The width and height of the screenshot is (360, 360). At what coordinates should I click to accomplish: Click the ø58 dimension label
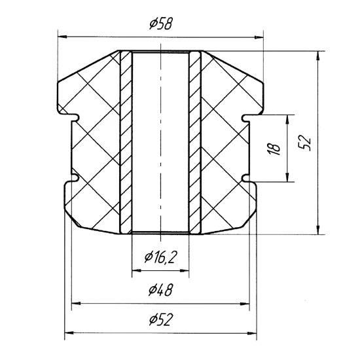point(160,24)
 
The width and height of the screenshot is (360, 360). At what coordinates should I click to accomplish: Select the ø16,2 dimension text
point(161,257)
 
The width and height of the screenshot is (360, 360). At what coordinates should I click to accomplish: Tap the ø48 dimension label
point(160,290)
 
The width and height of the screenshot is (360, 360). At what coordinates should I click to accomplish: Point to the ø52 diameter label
point(160,319)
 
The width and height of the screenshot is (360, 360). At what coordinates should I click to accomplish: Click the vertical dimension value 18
point(274,149)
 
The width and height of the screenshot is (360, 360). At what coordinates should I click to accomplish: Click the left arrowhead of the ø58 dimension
point(62,37)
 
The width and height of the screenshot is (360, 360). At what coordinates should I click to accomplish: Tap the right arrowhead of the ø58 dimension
point(259,37)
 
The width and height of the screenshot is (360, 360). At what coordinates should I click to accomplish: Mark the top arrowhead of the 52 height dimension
point(317,56)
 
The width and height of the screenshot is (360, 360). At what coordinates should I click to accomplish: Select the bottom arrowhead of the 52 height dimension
point(318,230)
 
